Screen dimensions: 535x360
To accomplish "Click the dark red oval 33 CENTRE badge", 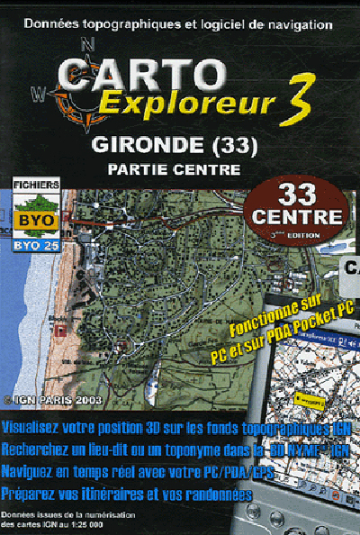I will pos(297,207).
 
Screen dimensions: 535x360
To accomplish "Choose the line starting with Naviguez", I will pos(144,471).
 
